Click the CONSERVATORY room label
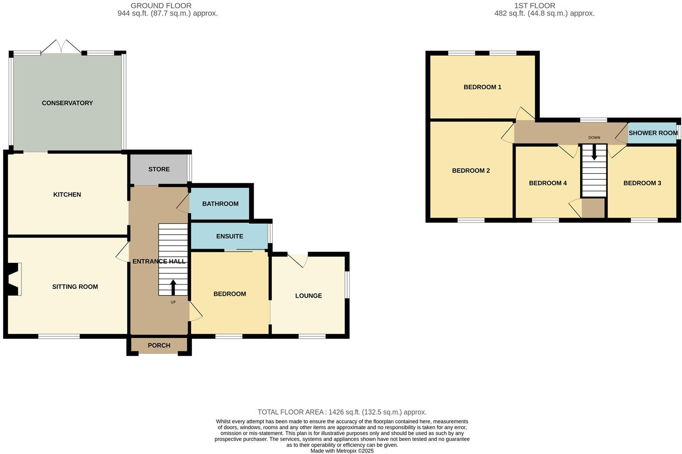pos(67,103)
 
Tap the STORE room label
pos(159,169)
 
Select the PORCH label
pos(159,345)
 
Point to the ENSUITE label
pos(230,236)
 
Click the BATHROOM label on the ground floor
pos(220,203)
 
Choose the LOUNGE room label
pos(308,296)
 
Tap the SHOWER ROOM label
pos(653,133)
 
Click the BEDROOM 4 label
pos(548,183)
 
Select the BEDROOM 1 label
pos(482,87)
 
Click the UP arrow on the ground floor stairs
pos(173,287)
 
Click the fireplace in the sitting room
pos(14,279)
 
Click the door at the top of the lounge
pos(298,260)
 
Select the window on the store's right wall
pos(189,166)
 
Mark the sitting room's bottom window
pos(59,336)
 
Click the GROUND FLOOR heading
pos(161,6)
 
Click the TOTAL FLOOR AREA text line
pos(342,412)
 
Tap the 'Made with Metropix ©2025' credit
pos(342,451)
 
